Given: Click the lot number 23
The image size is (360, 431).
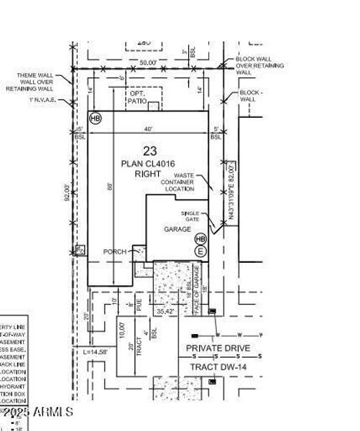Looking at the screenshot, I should click(149, 151).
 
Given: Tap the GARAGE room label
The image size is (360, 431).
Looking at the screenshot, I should click(177, 229).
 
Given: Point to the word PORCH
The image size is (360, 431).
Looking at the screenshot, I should click(115, 252).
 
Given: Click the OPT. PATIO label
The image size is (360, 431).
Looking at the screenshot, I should click(137, 98).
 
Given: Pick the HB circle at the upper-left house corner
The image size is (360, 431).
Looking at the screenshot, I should click(95, 118).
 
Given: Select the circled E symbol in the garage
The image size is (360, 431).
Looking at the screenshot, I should click(200, 251).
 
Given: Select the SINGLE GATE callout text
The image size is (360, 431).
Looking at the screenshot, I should click(190, 216).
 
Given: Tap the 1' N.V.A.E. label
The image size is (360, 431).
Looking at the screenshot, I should click(42, 100).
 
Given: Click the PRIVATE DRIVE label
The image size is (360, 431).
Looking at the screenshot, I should click(218, 348).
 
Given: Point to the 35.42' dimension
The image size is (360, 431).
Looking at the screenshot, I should click(165, 312).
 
